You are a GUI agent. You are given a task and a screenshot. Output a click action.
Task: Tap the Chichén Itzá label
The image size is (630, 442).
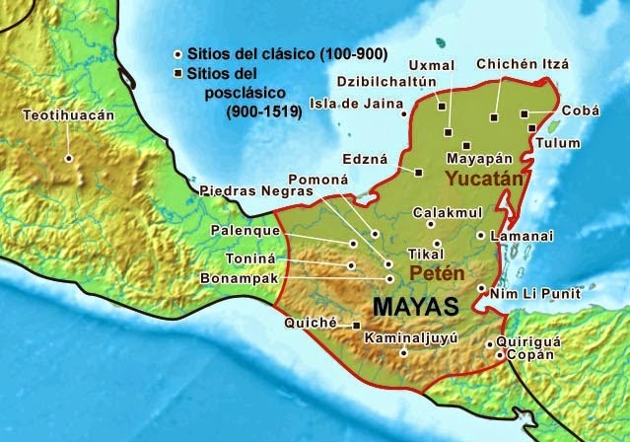(522, 64)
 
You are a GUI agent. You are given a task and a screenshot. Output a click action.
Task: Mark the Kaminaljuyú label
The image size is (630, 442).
(411, 338)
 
